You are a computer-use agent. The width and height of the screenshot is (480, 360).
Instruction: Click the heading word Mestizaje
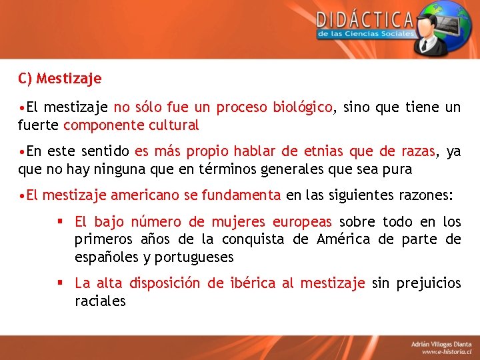tap(69, 79)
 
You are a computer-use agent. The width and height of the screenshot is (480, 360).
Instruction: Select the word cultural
tap(174, 125)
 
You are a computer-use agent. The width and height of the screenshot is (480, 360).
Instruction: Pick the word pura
tap(397, 169)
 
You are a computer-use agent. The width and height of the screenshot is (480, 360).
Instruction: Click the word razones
tap(424, 195)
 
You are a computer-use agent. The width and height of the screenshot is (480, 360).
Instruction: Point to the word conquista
tap(253, 239)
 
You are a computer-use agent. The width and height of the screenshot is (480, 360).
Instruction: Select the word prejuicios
tap(427, 283)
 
